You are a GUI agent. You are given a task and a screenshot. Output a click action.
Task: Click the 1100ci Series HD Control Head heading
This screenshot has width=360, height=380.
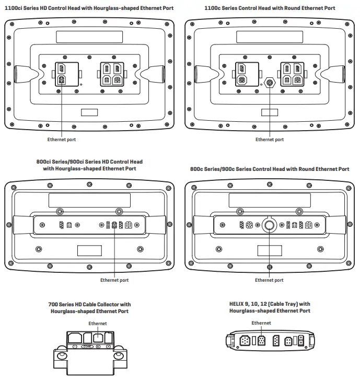pos(89,8)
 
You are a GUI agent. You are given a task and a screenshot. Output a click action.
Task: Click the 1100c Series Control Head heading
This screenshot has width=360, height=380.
pos(270,8)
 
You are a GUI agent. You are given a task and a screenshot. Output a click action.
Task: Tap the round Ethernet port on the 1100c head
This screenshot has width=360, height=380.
pos(270,83)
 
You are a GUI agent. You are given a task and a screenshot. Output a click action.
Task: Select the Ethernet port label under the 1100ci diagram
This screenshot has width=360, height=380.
pos(62,140)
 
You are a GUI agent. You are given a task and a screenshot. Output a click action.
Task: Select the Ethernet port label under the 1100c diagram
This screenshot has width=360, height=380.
pos(270,140)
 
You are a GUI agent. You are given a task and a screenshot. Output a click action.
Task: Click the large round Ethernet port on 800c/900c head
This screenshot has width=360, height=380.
pos(270,225)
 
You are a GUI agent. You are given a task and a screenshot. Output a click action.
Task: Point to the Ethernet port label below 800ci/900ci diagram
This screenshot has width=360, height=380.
pos(114,280)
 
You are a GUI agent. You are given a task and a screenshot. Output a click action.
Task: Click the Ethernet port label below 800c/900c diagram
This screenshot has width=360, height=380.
pos(269,280)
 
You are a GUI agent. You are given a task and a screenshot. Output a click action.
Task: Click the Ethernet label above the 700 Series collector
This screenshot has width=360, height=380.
pos(97,324)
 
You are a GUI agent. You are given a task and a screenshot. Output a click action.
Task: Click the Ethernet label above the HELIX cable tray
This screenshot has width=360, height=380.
pos(261,323)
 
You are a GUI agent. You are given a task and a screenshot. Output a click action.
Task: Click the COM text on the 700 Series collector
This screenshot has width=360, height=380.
pos(87,347)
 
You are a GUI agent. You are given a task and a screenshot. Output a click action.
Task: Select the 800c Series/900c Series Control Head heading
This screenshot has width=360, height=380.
pos(270,169)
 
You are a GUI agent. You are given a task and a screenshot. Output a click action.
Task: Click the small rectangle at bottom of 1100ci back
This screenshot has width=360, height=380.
pos(89,112)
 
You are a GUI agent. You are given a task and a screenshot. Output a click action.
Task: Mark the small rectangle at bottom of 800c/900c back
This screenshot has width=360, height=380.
pos(270,250)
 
